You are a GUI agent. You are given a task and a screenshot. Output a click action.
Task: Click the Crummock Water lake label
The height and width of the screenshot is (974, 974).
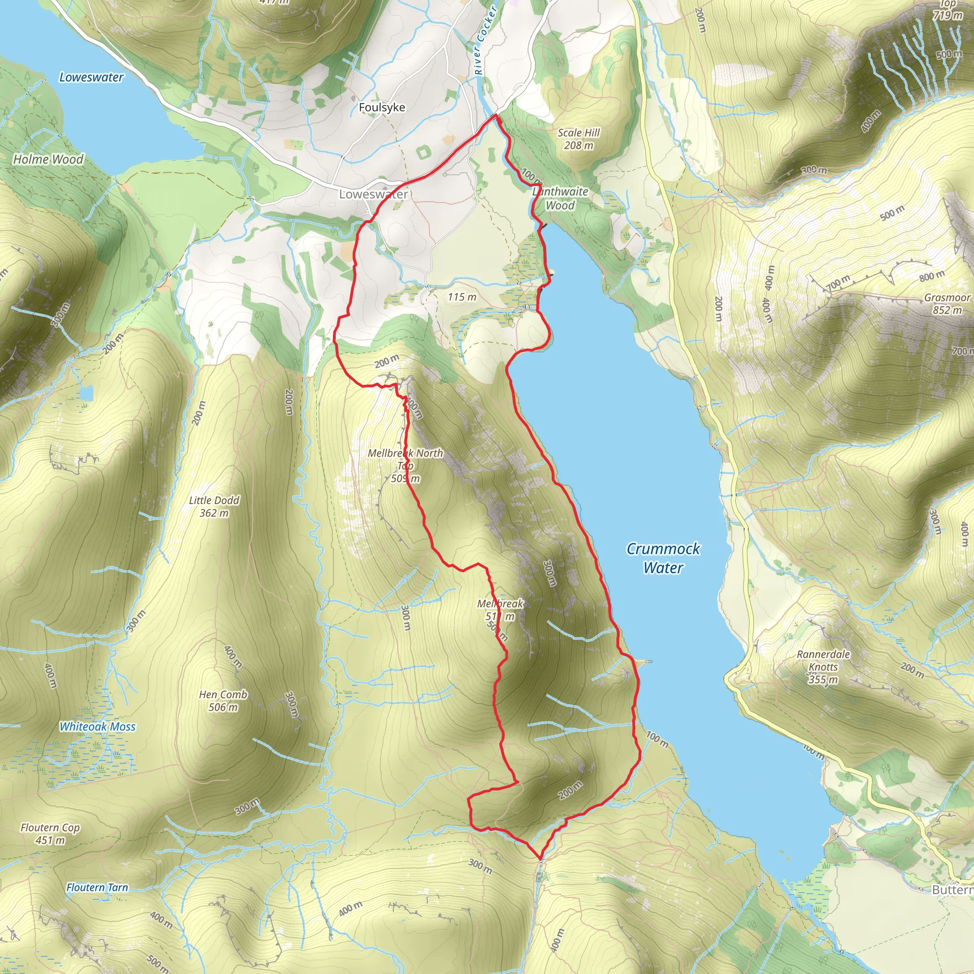[x=663, y=558]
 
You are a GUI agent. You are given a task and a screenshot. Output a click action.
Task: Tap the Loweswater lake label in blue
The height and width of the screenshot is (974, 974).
[x=91, y=77]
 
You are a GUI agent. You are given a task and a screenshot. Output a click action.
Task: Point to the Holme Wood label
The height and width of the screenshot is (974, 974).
[x=49, y=159]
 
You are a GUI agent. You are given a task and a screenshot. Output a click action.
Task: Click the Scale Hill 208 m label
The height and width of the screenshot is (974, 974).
[x=578, y=139]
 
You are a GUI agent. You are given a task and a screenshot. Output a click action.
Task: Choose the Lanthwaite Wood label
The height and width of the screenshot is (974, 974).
[x=560, y=198]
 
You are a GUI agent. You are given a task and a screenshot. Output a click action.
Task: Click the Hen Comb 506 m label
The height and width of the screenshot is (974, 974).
[x=223, y=701]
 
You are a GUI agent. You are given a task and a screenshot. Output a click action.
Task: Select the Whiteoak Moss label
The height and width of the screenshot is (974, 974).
[x=97, y=727]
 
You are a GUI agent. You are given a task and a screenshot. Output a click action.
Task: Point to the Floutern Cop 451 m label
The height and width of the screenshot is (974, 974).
[x=50, y=833]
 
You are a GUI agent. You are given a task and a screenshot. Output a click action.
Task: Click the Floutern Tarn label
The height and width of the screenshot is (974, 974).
[x=97, y=887]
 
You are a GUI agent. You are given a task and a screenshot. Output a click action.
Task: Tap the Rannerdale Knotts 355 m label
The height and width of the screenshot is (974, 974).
[x=823, y=666]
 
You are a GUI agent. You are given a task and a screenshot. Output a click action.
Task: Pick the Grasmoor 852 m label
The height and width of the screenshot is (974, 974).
[x=947, y=303]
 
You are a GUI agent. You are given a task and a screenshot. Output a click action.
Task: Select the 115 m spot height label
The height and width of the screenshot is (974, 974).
[x=462, y=297]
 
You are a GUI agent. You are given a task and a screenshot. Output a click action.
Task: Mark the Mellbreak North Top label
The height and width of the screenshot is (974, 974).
[x=405, y=459]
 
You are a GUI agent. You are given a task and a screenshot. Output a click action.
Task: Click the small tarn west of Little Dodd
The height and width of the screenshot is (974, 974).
[x=86, y=392]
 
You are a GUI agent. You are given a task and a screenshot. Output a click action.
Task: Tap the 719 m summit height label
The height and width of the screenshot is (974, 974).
[x=948, y=15]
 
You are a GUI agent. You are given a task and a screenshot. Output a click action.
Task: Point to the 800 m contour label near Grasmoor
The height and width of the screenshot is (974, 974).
[x=932, y=276]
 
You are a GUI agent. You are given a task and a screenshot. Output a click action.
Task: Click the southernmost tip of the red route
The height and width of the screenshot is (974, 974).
[x=540, y=858]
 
